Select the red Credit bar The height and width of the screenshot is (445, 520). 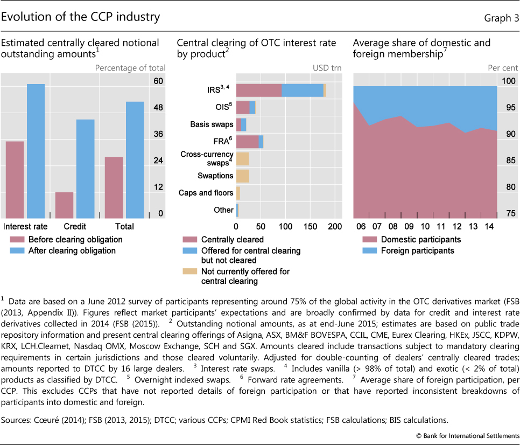point(64,204)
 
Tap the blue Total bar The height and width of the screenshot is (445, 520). point(135,158)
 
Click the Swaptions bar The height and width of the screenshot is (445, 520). point(242,176)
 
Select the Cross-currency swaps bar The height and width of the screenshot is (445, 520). point(242,158)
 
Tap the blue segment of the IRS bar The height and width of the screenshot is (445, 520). point(303,90)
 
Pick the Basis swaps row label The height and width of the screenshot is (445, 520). point(212,124)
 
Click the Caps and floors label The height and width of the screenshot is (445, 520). point(206,193)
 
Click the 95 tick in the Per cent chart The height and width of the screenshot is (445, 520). point(508,108)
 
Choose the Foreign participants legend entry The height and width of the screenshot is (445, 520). point(410,251)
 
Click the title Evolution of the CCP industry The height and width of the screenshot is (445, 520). point(81,17)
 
